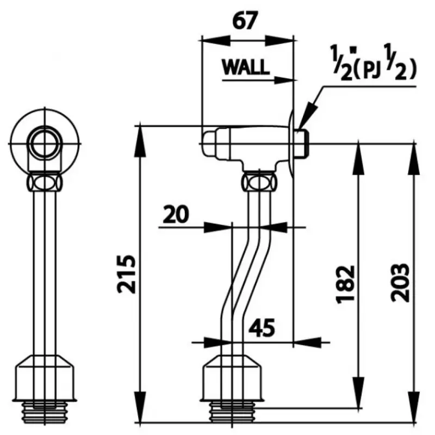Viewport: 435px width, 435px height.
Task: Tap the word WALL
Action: click(245, 67)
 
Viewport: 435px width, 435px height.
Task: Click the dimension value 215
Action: click(128, 274)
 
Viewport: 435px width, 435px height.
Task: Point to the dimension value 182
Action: click(346, 284)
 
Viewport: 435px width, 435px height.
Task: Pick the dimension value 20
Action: click(175, 214)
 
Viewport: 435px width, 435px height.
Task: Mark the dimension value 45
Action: click(261, 327)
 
